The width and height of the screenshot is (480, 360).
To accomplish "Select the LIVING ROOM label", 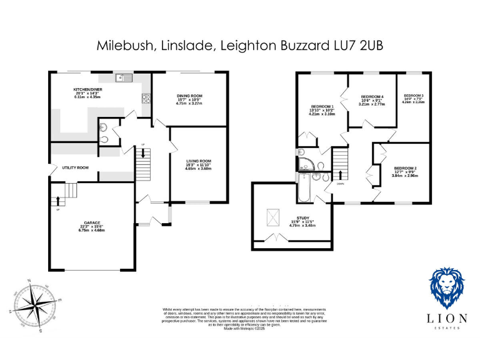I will coord(198,161).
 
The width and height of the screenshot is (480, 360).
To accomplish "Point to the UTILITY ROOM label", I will coord(75,167).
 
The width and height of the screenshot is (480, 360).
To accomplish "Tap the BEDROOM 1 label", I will coord(323,107).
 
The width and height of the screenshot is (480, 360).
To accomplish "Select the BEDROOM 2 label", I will coord(405,168).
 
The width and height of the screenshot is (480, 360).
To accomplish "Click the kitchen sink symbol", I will coord(125,78).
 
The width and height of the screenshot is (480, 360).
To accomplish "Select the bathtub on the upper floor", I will coord(304,188).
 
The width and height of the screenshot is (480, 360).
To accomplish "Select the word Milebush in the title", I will coord(121,45).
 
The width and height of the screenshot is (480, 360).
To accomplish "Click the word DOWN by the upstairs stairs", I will coord(341,184).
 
